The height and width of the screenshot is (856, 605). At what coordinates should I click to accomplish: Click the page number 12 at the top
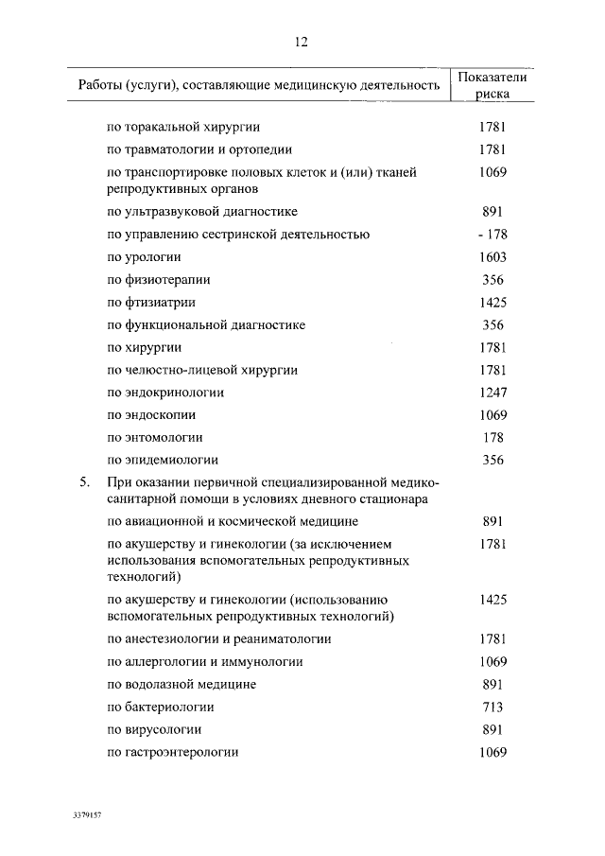coord(302,42)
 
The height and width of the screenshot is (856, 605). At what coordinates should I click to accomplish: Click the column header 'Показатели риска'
coord(492,86)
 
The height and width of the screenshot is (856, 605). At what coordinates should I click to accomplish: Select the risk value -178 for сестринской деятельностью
coord(493,235)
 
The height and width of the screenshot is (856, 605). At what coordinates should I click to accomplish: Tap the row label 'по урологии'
coord(145,257)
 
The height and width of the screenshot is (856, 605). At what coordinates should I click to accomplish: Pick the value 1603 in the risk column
coord(493,257)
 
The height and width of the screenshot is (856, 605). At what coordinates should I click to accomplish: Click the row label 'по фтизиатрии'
coord(152,303)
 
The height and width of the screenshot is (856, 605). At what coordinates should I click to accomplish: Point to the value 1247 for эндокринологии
coord(493,393)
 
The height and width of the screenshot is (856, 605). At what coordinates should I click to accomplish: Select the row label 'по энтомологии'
coord(155,438)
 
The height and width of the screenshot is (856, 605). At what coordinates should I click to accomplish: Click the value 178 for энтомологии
coord(493,438)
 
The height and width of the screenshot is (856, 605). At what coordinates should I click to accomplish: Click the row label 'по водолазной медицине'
coord(181,685)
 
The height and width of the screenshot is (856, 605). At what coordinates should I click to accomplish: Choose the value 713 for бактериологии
coord(493,708)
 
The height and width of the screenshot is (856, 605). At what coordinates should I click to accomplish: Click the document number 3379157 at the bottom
coord(86,814)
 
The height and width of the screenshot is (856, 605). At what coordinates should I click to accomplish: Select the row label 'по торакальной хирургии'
coord(184,126)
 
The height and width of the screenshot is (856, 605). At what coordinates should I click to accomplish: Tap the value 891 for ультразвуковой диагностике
coord(493,212)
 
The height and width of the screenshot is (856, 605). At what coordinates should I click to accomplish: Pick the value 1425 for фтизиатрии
coord(493,303)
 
